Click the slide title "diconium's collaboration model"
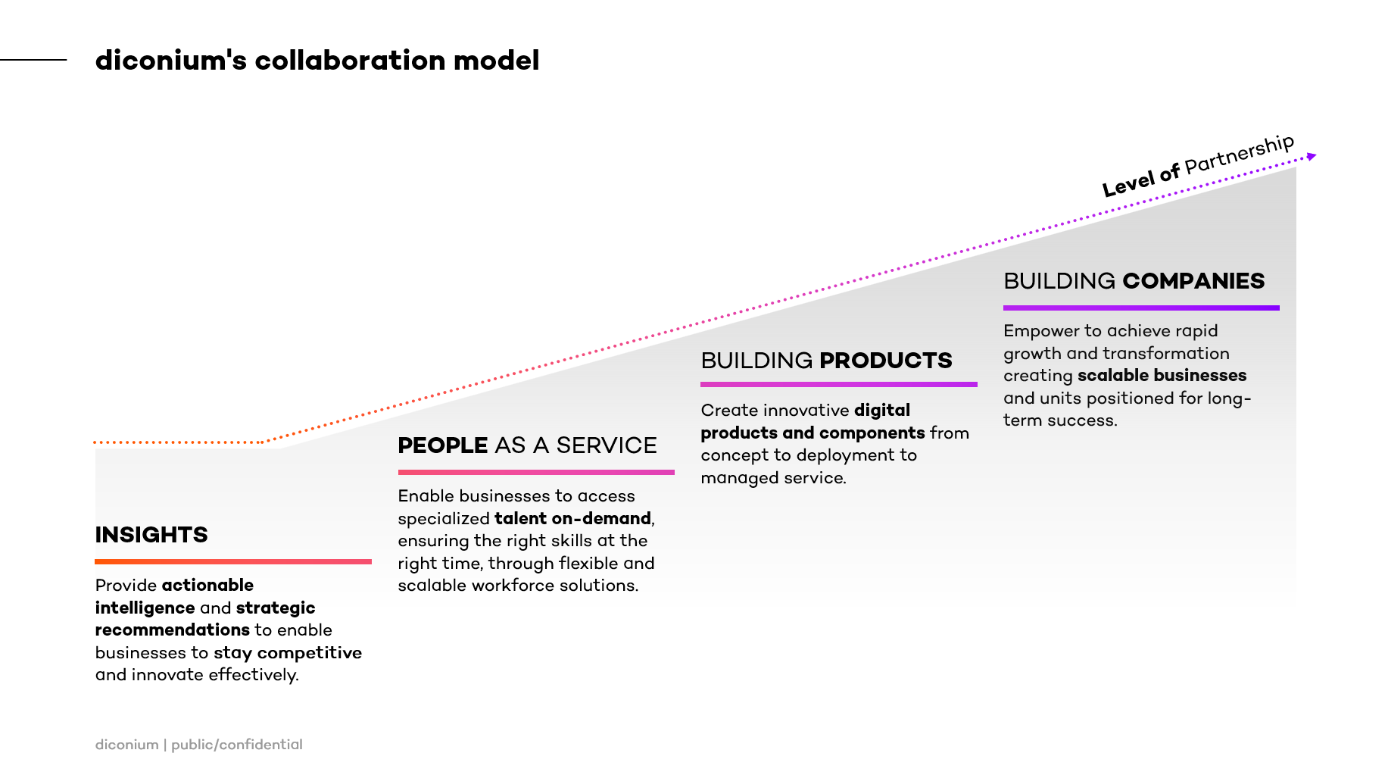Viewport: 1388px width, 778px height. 317,61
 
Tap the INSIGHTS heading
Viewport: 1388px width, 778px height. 151,535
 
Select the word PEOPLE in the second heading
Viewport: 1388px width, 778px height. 443,445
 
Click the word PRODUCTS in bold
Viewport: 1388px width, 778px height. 885,361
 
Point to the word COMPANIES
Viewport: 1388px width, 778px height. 1193,281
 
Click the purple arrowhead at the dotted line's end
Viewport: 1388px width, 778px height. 1312,156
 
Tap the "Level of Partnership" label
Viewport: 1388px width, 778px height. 1198,165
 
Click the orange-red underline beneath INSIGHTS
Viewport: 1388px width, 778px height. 233,561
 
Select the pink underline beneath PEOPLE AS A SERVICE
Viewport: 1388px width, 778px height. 536,472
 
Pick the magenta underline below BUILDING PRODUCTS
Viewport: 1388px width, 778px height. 839,384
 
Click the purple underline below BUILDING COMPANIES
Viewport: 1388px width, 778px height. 1141,308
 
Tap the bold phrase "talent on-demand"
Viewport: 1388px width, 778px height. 572,519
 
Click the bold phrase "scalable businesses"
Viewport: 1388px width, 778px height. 1162,376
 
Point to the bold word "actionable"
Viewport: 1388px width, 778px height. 207,586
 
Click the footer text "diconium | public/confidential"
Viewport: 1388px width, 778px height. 199,745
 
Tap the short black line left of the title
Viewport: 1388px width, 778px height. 33,59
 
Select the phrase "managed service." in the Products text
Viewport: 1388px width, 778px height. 773,478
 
